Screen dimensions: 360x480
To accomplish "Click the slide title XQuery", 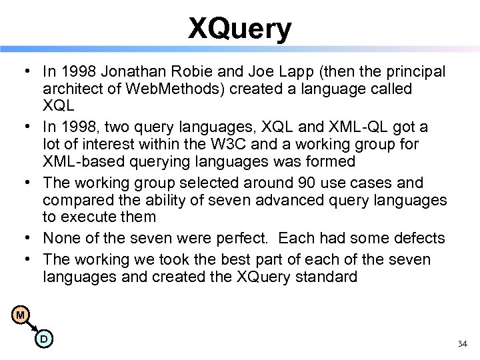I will pyautogui.click(x=240, y=29).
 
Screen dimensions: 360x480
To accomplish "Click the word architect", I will pyautogui.click(x=73, y=89).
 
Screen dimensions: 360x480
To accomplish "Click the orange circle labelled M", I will pyautogui.click(x=22, y=315).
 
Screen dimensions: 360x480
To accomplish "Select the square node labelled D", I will pyautogui.click(x=43, y=339).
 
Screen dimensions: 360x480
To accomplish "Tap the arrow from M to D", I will pyautogui.click(x=33, y=326).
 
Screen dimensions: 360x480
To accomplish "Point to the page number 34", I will pyautogui.click(x=463, y=344).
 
